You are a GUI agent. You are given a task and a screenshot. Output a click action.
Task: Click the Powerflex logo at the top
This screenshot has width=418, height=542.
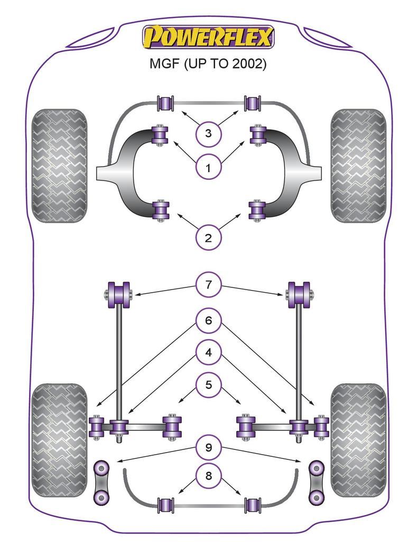pos(208,38)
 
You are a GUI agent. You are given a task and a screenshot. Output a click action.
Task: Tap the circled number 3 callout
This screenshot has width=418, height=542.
pos(208,133)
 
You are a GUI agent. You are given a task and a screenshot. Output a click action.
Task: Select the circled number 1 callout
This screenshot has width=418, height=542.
pos(208,168)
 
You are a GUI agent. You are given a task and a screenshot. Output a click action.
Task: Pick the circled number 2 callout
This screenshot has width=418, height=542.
pos(208,238)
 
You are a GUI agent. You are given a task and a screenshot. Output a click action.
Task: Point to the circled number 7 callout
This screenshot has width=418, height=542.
pos(208,285)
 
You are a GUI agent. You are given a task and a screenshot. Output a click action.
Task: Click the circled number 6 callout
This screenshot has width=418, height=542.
pos(208,320)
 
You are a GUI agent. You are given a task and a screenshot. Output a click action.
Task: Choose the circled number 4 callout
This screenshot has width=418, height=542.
pos(208,352)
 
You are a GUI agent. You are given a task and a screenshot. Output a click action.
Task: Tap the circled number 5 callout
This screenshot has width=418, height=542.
pos(208,384)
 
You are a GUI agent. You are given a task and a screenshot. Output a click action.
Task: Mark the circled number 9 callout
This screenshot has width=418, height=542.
pos(208,447)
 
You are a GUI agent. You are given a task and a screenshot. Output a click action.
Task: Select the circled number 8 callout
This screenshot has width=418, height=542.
pos(208,476)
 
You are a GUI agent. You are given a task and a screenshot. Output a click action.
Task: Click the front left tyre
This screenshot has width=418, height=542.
pos(59,166)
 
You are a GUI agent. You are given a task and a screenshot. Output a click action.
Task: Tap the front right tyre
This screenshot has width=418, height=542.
pos(358,166)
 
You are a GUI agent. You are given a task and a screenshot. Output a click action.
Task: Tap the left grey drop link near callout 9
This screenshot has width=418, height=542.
pos(101,482)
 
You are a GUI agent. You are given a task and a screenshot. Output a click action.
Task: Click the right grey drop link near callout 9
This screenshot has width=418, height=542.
pos(316,482)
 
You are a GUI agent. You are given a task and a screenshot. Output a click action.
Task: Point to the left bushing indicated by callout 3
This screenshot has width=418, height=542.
pos(166,102)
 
